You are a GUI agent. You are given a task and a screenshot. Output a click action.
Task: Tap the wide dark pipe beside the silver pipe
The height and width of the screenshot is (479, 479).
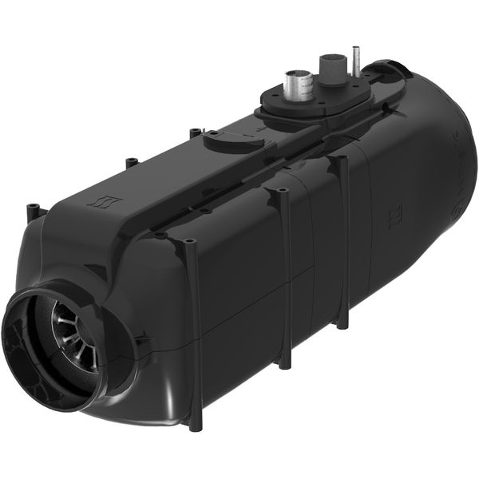click(x=330, y=70)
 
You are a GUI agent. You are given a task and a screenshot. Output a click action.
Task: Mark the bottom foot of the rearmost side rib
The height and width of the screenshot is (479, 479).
click(x=343, y=323)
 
